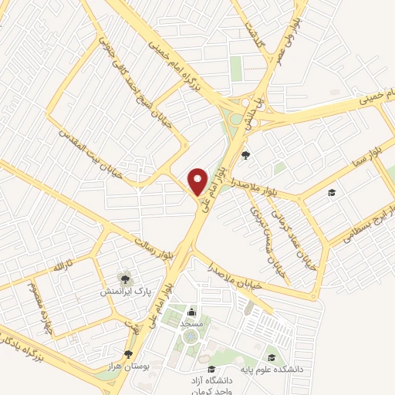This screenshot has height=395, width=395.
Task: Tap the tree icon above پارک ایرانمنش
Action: click(x=123, y=276)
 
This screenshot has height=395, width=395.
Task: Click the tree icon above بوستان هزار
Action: click(x=128, y=354)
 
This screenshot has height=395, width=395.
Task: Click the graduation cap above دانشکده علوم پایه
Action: click(x=272, y=357)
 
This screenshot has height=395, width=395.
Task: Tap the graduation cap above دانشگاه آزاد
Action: click(x=211, y=369)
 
